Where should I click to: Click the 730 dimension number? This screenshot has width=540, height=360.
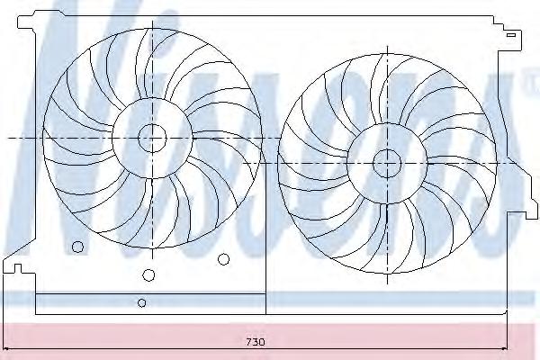coord(256,342)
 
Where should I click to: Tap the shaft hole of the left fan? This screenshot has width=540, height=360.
coord(152,138)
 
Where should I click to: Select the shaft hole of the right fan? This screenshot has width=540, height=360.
coord(387,163)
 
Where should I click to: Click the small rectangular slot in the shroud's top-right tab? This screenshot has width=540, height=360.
coord(511,35)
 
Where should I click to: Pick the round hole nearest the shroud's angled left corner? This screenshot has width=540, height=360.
coord(77,247)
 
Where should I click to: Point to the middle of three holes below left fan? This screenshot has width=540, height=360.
coord(148,274)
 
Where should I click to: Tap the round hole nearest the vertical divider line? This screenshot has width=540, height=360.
coord(223,259)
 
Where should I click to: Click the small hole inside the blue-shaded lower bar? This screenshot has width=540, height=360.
coord(141,302)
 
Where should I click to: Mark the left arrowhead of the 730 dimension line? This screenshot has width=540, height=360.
coord(4,348)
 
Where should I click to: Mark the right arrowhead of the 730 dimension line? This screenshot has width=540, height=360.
coord(505,348)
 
